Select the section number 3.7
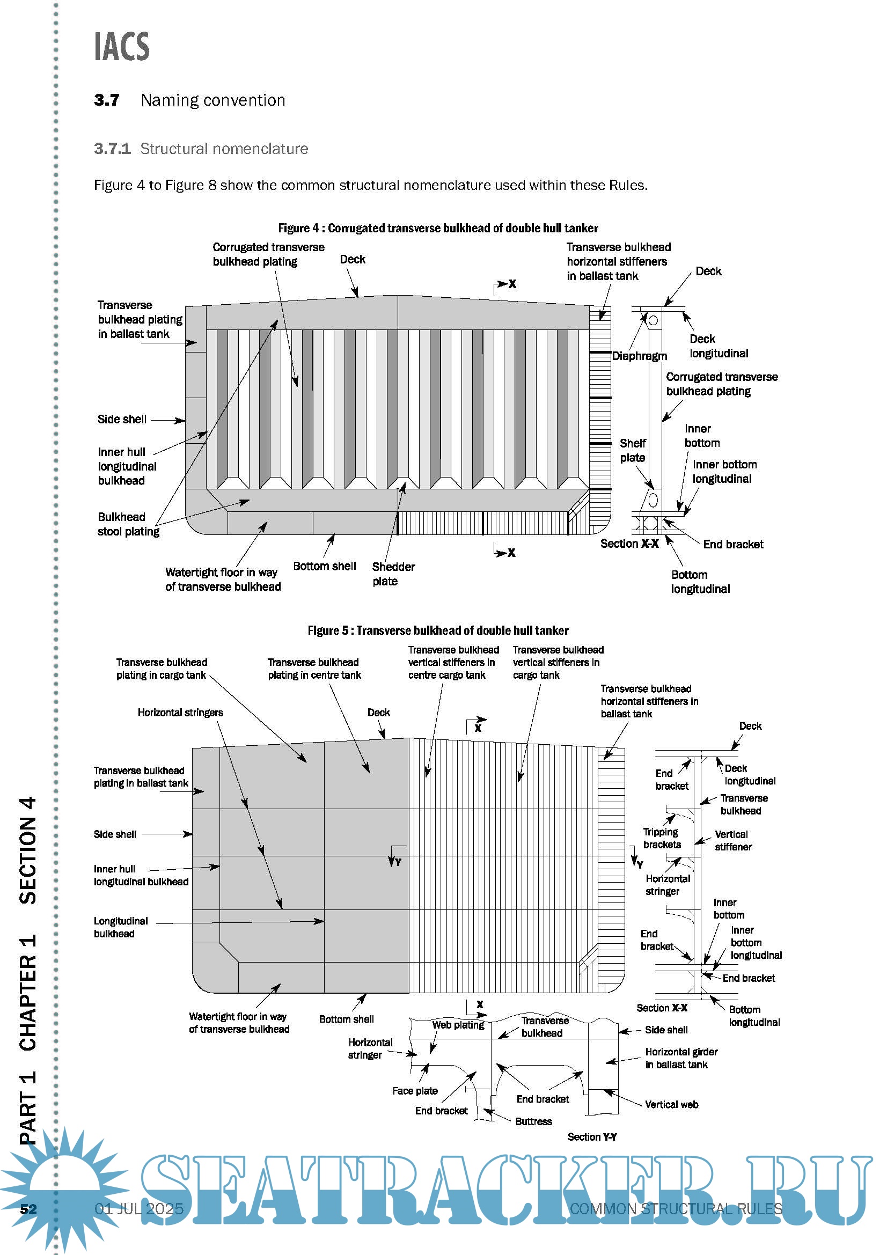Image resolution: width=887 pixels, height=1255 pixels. [106, 100]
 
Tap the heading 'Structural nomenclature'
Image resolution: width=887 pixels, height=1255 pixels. [224, 149]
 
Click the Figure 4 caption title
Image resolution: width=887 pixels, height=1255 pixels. [438, 228]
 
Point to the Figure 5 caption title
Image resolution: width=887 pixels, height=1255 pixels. [438, 630]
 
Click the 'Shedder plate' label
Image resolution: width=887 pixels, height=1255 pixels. [393, 574]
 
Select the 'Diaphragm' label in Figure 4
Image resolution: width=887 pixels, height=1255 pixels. [639, 356]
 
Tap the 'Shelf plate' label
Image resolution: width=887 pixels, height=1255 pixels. [632, 450]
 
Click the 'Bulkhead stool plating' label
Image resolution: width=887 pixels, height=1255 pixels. [128, 524]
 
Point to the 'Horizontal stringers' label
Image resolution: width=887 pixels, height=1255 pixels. [180, 712]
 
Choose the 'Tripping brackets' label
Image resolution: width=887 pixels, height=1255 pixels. [661, 838]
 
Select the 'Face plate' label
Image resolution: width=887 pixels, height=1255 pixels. [415, 1090]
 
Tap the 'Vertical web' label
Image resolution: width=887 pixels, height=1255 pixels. [671, 1104]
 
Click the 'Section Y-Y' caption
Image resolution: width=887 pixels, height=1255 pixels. [592, 1137]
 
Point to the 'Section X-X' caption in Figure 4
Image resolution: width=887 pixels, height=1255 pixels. [629, 544]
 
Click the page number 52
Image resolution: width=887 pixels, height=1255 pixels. [28, 1208]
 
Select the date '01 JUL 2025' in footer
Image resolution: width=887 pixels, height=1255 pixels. [139, 1208]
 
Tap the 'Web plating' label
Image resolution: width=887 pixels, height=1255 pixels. [458, 1025]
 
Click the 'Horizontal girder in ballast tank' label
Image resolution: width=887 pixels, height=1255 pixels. [681, 1058]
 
